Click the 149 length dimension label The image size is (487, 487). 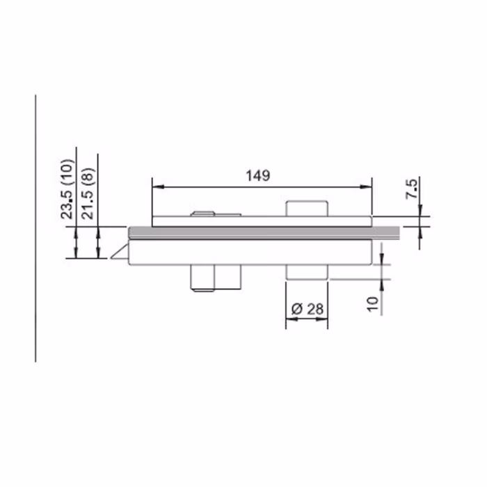[x=258, y=175]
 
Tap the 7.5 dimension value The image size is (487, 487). [x=413, y=189]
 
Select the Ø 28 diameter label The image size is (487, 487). [x=308, y=309]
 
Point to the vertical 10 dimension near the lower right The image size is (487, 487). [x=373, y=304]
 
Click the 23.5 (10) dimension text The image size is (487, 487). [x=67, y=189]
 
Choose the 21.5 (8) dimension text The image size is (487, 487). [x=88, y=193]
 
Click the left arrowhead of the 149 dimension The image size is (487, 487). [x=158, y=186]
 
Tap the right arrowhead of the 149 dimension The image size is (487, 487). [x=366, y=186]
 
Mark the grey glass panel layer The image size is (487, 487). [x=264, y=232]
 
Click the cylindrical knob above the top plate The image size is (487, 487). [x=307, y=209]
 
